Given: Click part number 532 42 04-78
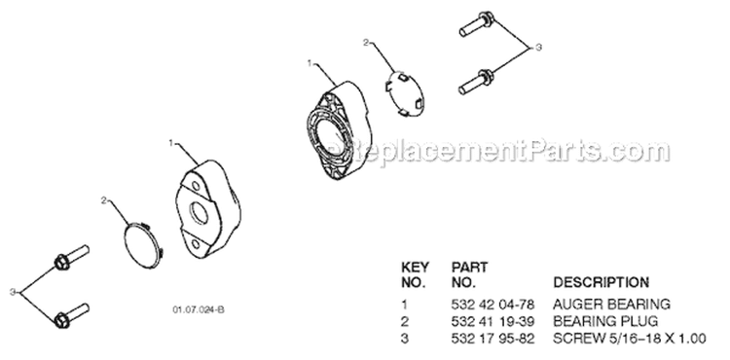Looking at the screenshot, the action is click(493, 305).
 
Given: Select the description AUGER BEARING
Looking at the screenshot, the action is click(611, 305).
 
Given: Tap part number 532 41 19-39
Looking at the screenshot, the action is click(493, 321).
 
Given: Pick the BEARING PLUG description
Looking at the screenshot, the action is click(605, 321).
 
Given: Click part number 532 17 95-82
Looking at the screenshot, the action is click(493, 339).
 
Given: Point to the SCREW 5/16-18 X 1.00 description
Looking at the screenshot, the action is click(629, 339).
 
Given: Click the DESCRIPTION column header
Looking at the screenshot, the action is click(601, 282).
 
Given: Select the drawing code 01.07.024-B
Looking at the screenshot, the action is click(199, 309).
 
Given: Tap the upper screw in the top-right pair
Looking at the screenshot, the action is click(476, 23).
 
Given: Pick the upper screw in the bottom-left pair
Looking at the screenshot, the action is click(72, 257).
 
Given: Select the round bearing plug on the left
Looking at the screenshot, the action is click(143, 245).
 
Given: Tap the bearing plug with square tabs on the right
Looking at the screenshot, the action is click(406, 93).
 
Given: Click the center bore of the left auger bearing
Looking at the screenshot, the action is click(200, 212).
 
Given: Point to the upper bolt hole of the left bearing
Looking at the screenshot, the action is click(197, 187).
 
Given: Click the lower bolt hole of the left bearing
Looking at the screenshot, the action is click(196, 243).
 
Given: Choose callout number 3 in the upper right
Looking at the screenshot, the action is click(538, 48).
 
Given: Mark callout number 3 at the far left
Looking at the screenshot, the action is click(12, 292).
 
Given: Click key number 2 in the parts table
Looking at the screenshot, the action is click(405, 321).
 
